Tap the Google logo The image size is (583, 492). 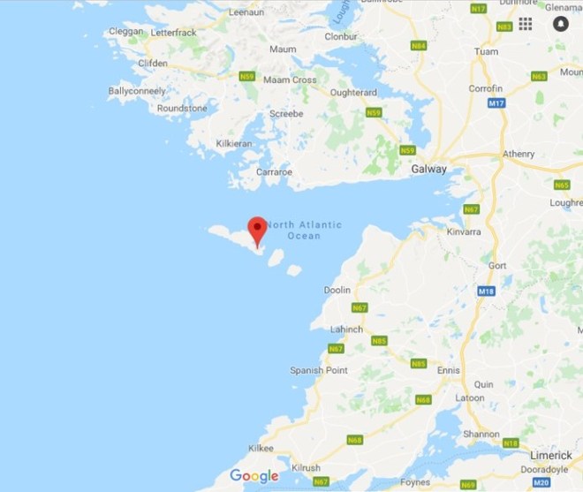pos(254,476)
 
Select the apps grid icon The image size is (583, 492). pos(526,24)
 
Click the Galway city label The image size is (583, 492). pos(429,169)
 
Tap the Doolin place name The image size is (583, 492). pos(337,290)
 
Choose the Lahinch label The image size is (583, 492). pos(345,329)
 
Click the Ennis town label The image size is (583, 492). pos(449,370)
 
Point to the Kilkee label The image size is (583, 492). pos(261,449)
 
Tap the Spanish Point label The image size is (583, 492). pos(319,370)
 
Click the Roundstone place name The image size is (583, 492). pos(182,108)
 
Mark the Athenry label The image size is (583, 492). pos(519,154)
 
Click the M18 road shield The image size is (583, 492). pos(484,291)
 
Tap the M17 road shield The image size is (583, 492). pos(496,103)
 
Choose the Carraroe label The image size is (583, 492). pos(273,171)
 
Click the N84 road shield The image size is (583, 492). pos(418,44)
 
